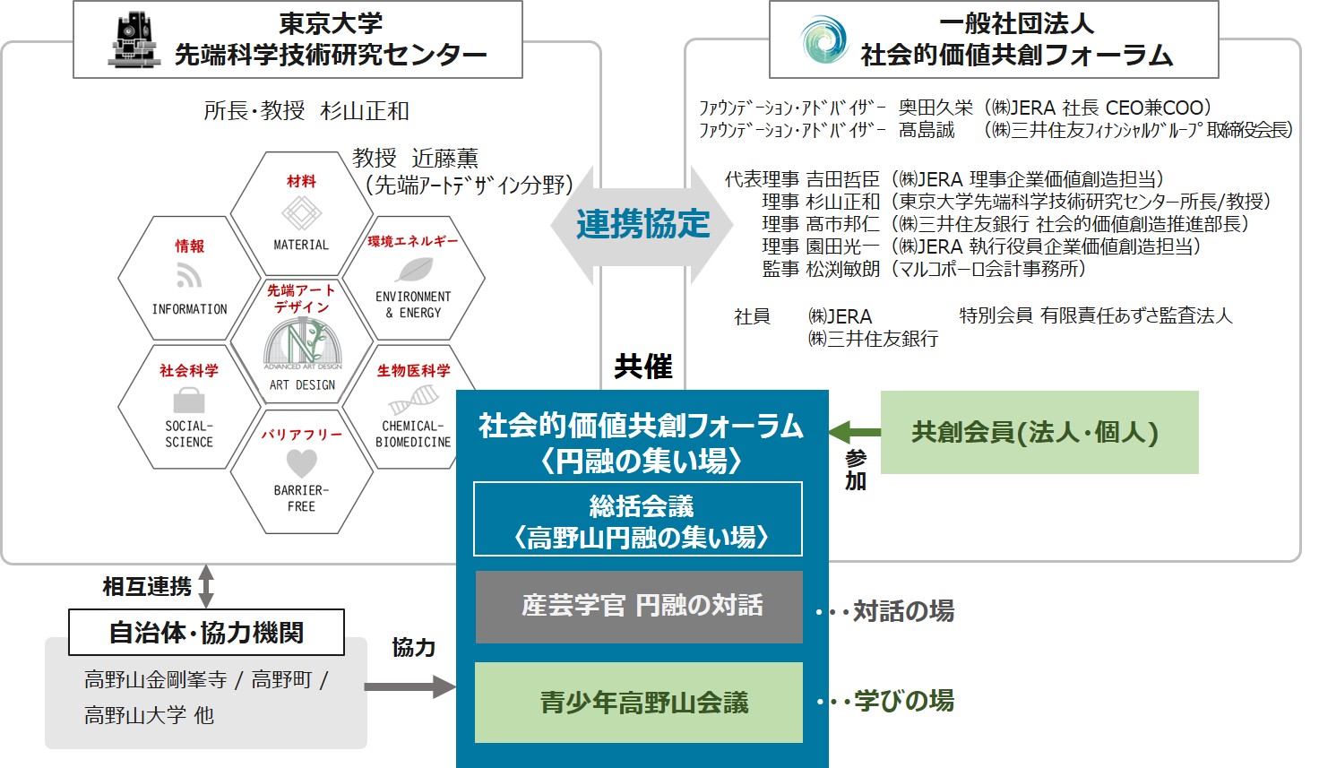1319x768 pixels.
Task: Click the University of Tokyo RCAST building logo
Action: (x=134, y=40)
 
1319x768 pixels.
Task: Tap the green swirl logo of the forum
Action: (x=823, y=39)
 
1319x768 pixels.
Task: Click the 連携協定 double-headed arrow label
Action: (x=642, y=224)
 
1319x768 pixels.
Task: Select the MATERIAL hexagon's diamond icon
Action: (x=301, y=213)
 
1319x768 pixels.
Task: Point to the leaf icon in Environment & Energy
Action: (x=415, y=271)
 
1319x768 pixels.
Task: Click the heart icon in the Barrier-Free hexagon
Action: (x=301, y=463)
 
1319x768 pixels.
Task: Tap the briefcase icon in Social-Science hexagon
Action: (x=189, y=401)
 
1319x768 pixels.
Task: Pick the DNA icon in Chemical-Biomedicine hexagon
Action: (x=414, y=400)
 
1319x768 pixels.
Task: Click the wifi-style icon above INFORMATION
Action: (x=189, y=276)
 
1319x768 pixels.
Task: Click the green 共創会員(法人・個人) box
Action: (x=1039, y=432)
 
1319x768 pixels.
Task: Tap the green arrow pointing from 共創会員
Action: (x=855, y=432)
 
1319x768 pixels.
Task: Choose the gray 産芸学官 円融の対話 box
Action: (x=639, y=607)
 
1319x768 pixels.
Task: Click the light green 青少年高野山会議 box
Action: (x=639, y=702)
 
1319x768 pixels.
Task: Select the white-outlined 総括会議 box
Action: (x=638, y=519)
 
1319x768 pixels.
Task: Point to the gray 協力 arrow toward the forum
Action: (x=410, y=686)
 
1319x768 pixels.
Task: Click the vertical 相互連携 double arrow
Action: (x=205, y=586)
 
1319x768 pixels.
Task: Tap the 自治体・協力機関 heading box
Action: (x=206, y=632)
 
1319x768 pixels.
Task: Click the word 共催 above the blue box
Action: (x=643, y=367)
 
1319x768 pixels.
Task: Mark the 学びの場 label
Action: (x=904, y=701)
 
